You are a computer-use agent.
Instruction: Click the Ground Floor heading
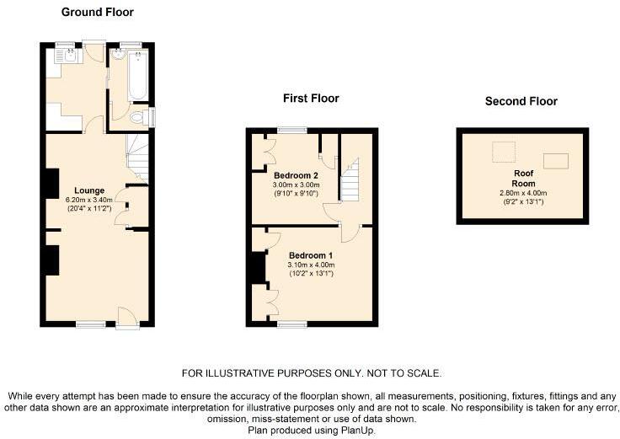tap(97, 13)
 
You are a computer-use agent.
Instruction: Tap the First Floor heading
tap(311, 98)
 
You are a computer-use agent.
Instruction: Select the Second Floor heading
tap(521, 101)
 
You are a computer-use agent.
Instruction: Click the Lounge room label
tap(89, 190)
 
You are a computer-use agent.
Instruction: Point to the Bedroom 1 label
tap(311, 255)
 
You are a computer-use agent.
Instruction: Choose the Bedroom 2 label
tap(296, 175)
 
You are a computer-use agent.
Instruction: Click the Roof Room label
tap(523, 179)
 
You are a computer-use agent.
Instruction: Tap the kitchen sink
tap(71, 56)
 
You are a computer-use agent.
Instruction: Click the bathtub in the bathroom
tap(138, 75)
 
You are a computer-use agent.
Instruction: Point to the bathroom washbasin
tap(117, 55)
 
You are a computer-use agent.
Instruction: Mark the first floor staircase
tap(350, 180)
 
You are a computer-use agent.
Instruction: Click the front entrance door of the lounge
tap(127, 318)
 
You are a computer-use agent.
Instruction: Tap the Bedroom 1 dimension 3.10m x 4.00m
tap(311, 265)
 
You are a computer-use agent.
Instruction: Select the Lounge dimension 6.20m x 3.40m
tap(89, 201)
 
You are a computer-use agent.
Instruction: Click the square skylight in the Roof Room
tap(504, 152)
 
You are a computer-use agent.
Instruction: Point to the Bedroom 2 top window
tap(292, 129)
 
